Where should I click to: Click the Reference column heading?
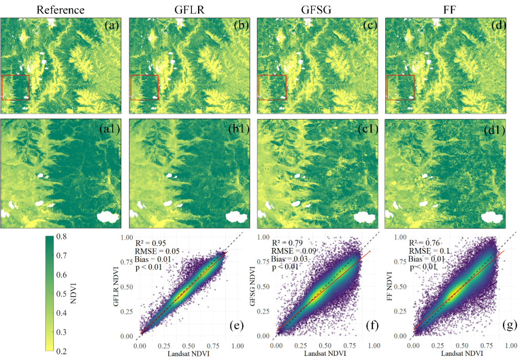pos(60,9)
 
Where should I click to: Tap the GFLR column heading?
pos(188,9)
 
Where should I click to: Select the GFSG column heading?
pos(317,9)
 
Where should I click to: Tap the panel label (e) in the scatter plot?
pos(238,325)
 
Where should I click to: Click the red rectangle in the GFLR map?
pos(144,87)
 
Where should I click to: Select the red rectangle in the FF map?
pos(400,87)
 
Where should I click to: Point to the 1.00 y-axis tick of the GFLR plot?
pos(128,237)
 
